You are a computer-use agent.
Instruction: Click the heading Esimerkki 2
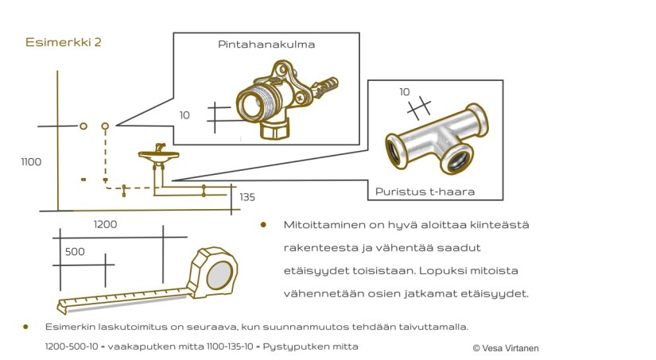coord(63,43)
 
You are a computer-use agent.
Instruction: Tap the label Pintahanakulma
coord(266,45)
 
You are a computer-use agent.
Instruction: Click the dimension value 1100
coord(31,162)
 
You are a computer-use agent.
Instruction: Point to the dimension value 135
coord(247,197)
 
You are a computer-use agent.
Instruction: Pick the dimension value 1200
coord(105,224)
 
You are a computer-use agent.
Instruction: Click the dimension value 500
coord(75,251)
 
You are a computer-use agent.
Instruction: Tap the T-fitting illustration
coord(436,141)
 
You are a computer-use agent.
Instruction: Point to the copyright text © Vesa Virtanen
coord(506,348)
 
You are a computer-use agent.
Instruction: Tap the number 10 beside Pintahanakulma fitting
coord(184,115)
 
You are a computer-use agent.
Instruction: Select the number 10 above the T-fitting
coord(405,92)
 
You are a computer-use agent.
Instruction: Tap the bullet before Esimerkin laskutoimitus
coord(26,327)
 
